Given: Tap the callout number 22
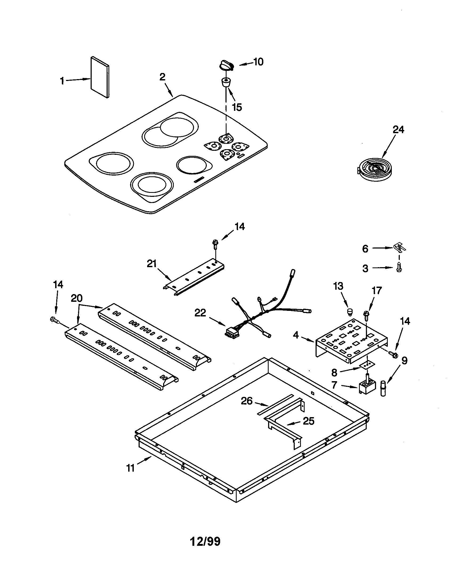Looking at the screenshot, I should [x=200, y=313].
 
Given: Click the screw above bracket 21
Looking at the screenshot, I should [x=215, y=243].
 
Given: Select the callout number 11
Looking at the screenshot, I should [x=130, y=468].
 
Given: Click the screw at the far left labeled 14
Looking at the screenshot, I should [x=54, y=319].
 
